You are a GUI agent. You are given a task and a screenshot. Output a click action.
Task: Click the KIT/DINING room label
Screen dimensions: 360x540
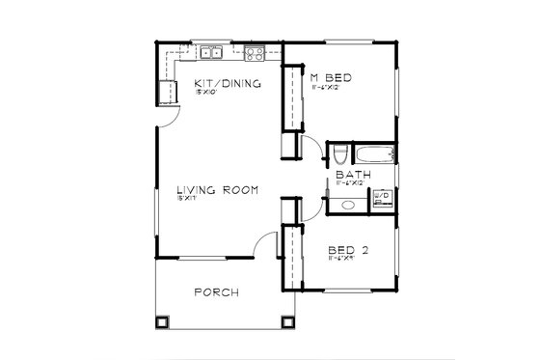[x=228, y=83]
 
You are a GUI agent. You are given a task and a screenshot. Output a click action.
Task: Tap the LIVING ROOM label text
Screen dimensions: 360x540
[x=216, y=190]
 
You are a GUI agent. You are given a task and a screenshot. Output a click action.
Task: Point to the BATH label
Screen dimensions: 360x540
[x=348, y=175]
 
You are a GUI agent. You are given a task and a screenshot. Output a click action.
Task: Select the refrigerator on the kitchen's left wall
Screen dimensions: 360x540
[x=168, y=90]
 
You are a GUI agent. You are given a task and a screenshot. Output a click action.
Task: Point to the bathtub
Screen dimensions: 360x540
[x=371, y=153]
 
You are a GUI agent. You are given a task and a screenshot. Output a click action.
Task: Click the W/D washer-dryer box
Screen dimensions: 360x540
[x=381, y=197]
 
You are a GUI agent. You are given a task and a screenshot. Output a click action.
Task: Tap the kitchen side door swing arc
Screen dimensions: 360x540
[x=167, y=117]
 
